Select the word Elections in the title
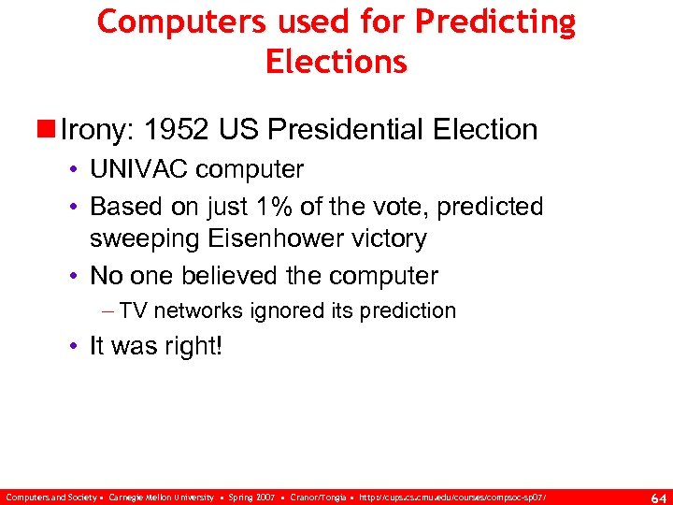click(x=336, y=61)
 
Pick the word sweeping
click(x=141, y=238)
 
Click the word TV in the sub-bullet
click(x=134, y=310)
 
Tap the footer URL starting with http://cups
click(x=455, y=496)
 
